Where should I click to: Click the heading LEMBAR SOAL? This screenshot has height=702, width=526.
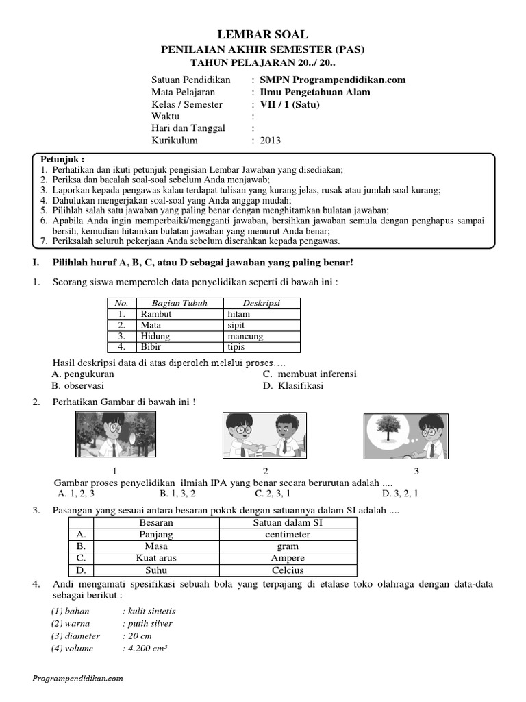point(263,34)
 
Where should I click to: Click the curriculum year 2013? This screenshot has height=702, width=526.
point(270,141)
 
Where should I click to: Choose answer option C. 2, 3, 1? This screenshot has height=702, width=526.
point(273,493)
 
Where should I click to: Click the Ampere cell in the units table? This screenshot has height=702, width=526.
point(288,559)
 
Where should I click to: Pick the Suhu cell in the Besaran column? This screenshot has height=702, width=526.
point(156,570)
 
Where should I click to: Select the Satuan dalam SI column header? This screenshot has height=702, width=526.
point(288,523)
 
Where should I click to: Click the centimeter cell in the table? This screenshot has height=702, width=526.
point(288,535)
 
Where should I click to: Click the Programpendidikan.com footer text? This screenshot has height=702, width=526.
point(77,678)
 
